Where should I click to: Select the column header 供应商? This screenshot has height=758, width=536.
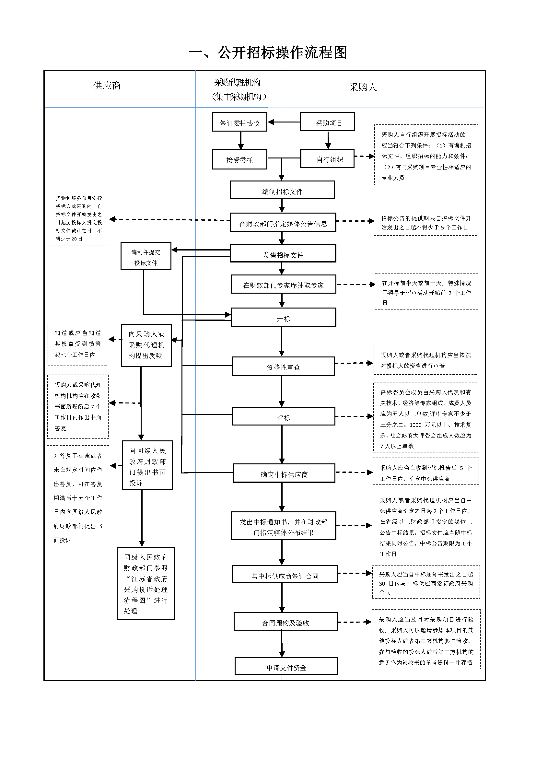107,86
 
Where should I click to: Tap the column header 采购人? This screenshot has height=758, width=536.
363,87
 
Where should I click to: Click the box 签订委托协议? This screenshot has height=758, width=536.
239,122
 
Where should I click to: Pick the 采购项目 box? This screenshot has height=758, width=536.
327,122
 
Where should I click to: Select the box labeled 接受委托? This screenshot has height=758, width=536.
239,159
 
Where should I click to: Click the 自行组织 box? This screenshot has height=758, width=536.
327,159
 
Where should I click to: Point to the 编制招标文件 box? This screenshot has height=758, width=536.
282,190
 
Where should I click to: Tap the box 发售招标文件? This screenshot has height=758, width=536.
283,253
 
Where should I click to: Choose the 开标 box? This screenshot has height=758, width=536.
283,317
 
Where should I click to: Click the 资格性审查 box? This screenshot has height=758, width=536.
283,367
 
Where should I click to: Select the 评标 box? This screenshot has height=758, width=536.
283,416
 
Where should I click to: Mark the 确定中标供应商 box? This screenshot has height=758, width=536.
284,473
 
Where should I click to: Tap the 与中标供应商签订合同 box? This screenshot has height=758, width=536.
285,575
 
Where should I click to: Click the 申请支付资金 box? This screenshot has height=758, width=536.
286,666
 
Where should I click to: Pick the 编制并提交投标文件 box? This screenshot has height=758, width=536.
146,257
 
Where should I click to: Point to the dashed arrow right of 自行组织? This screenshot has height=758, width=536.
364,157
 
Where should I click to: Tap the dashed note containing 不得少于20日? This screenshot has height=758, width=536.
79,218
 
